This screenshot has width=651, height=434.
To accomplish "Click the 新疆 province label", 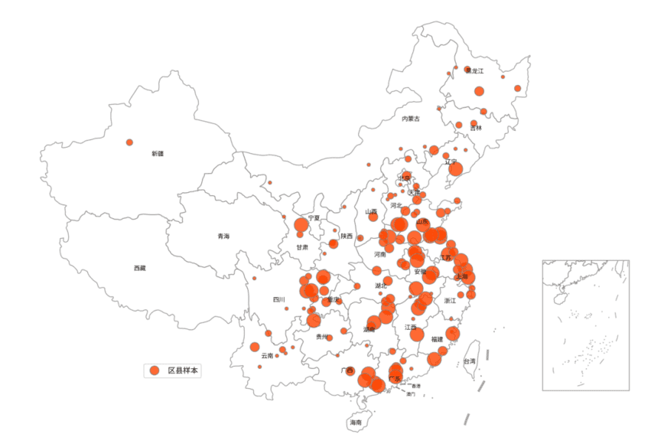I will point(158,154).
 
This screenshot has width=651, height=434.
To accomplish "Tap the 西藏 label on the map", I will point(140,268).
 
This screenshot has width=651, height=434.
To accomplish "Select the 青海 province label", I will point(223,236).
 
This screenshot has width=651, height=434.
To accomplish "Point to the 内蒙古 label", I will point(411,118).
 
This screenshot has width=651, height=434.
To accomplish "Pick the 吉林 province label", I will point(476,128).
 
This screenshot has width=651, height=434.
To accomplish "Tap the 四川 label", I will point(279,299).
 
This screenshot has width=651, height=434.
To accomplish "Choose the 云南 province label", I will point(267,356).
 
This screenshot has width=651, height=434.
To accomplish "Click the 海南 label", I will point(356,422).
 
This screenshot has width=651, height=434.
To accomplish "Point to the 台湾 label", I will point(470,361).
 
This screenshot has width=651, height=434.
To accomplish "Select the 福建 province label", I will point(437,339).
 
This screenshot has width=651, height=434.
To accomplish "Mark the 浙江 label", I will point(450,301).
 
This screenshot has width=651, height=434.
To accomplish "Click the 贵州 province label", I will point(322,336).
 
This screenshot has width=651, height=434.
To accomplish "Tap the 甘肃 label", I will point(303,247).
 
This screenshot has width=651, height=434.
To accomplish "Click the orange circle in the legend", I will point(154,370).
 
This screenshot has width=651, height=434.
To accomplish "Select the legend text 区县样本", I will point(183,370).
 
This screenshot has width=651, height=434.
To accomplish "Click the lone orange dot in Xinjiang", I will point(129,142).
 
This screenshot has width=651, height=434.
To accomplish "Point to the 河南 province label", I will point(380,254).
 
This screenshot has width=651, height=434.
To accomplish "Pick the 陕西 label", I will point(347,237).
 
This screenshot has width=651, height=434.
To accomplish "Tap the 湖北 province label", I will point(380,285).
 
